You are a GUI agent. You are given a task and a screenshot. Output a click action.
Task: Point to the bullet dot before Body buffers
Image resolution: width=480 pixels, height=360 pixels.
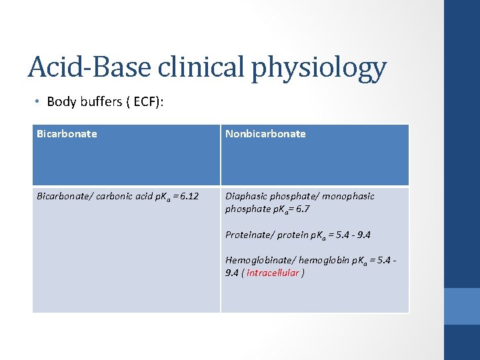tap(39, 102)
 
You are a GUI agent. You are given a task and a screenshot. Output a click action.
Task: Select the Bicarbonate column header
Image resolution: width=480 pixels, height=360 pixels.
tap(67, 134)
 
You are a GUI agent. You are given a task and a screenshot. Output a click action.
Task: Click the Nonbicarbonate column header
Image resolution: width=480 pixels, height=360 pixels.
tap(265, 134)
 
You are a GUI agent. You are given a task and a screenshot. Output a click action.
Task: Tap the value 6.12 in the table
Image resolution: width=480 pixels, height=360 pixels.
tap(186, 197)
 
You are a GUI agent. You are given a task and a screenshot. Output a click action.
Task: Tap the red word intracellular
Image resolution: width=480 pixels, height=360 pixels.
tap(273, 273)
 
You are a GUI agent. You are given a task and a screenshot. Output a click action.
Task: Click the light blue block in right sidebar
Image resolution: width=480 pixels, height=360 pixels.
tap(461, 306)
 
